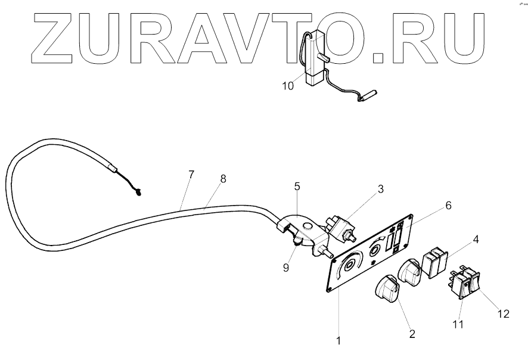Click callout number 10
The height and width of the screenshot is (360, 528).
pos(288,86)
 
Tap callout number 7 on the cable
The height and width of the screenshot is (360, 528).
pos(191,175)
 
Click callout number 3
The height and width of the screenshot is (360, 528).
pos(381,190)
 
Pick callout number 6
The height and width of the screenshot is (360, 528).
pos(448,205)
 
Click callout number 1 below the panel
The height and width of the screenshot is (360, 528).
pos(338,342)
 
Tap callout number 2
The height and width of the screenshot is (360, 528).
pos(411,333)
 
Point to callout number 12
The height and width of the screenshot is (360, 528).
pos(504,314)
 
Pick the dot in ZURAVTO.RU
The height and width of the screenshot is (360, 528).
pos(378,57)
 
